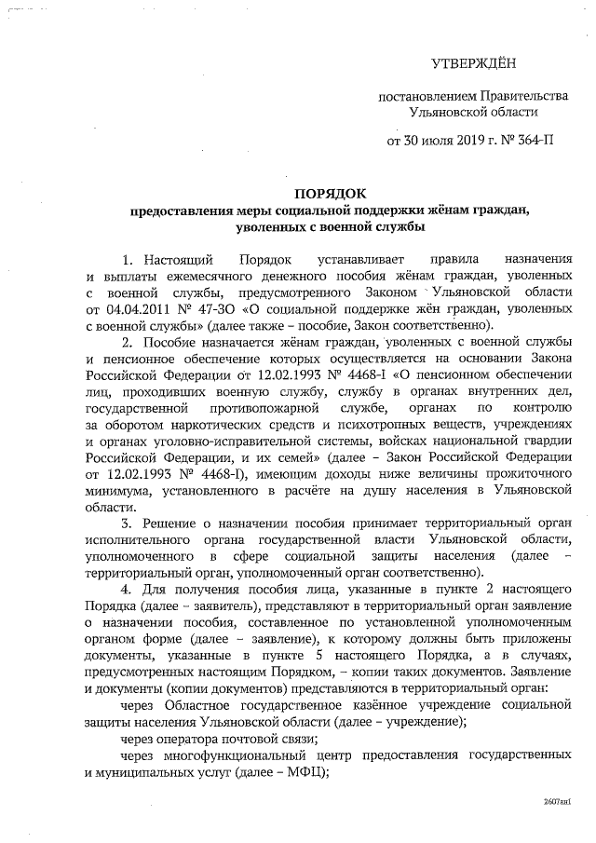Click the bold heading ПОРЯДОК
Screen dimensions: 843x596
(x=327, y=194)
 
